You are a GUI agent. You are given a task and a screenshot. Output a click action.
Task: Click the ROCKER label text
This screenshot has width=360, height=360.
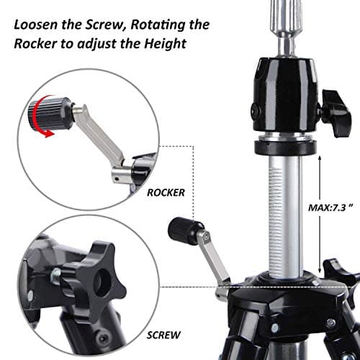pos(166,193)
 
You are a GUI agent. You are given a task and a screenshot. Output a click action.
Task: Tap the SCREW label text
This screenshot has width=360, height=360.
pos(163,336)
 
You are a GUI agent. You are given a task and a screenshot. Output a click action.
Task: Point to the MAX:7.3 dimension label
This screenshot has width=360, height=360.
pos(330,207)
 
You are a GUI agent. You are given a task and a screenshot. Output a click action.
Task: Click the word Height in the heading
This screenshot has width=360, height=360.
pos(165,45)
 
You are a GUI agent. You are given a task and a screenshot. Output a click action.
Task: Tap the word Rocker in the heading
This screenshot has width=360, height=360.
pos(35,44)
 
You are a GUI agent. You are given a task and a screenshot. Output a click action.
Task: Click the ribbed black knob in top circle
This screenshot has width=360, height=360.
pos(50,113)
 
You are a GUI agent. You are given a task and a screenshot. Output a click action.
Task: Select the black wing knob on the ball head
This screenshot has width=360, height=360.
pos(336,113)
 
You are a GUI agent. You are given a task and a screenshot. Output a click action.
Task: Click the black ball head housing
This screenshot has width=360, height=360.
pos(286,95)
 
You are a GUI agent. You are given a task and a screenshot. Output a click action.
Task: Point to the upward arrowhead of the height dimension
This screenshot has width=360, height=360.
pos(320,158)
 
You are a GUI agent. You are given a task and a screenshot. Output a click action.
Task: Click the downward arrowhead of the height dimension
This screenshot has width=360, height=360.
pos(320,269)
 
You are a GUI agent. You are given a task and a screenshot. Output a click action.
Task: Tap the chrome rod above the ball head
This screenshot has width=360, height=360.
pos(286,27)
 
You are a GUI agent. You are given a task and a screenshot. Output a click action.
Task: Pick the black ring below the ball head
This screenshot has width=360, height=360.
pos(286,147)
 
